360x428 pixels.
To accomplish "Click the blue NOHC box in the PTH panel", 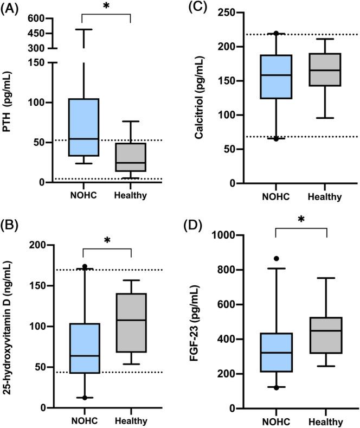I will point(82,127).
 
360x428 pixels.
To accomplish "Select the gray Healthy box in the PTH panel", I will point(131,157).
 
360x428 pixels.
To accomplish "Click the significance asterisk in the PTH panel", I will point(106,8).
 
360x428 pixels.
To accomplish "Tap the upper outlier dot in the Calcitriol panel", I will point(277,34).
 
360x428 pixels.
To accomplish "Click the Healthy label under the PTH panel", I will point(131,195).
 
